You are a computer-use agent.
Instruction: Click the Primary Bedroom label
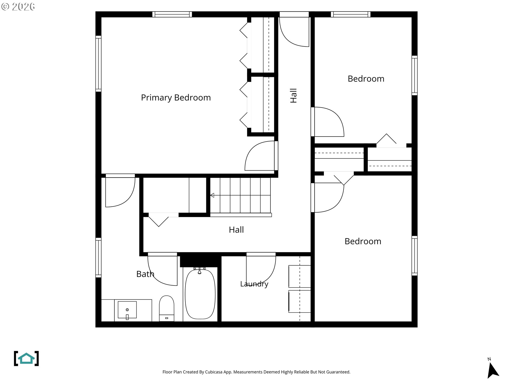point(176,98)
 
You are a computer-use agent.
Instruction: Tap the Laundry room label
point(254,284)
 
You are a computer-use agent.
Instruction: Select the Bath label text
point(145,274)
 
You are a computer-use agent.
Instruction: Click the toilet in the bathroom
point(167,308)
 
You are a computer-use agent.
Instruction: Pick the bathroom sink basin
point(127,310)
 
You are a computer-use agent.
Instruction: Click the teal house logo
point(26,358)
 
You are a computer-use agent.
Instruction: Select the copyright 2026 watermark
point(18,7)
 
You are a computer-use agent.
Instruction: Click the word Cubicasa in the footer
point(214,372)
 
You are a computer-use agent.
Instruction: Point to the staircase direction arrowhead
point(212,195)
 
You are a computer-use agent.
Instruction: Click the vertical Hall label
point(293,96)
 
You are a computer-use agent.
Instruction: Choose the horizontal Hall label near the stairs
point(236,230)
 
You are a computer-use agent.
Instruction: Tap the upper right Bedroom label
point(366,79)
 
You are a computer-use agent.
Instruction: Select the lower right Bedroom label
point(363,241)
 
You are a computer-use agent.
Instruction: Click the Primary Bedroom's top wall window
point(172,14)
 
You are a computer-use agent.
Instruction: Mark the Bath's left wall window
point(98,257)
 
